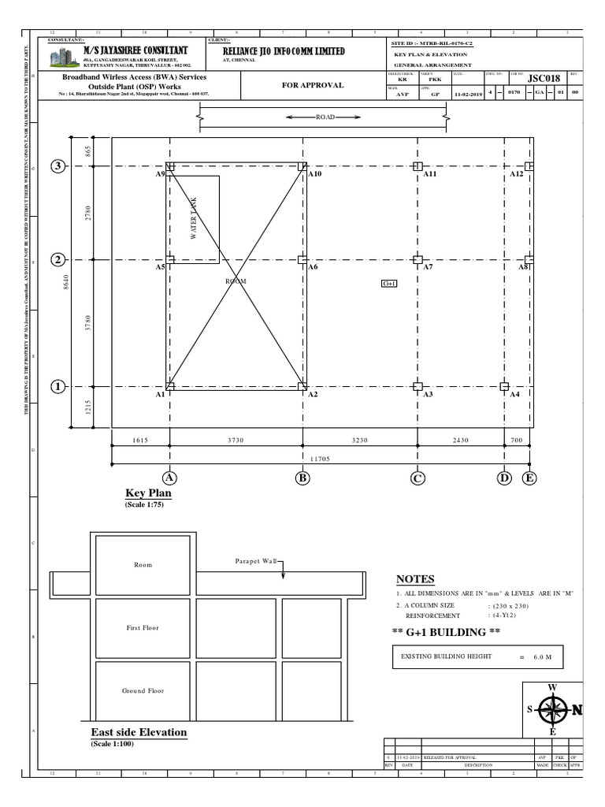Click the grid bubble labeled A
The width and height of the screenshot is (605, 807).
coord(169,478)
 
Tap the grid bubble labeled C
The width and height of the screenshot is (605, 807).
coord(418,478)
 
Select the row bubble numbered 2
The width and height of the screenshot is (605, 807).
coord(58,260)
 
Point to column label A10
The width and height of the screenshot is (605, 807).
coord(315,173)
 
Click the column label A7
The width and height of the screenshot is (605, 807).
coord(429,267)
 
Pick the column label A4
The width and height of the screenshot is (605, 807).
coord(514,394)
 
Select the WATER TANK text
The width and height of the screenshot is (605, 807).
coord(194,218)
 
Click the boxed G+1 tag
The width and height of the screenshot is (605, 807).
coord(388,283)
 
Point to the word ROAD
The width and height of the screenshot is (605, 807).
coord(325,117)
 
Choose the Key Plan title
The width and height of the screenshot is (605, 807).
coord(148,493)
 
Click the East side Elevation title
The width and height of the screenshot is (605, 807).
coord(139,732)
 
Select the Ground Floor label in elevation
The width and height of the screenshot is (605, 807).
coord(143,691)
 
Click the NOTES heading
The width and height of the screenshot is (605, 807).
coord(415,579)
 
